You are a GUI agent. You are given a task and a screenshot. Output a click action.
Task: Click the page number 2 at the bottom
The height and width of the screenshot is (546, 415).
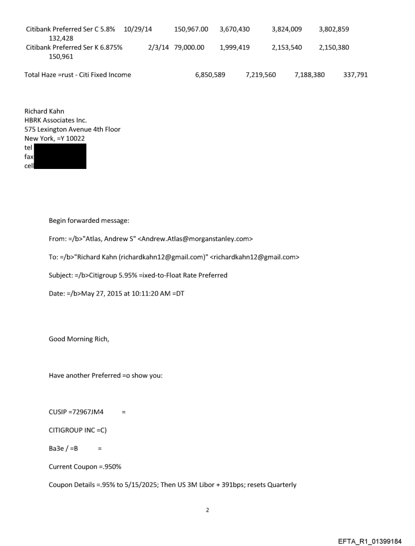point(207,509)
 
